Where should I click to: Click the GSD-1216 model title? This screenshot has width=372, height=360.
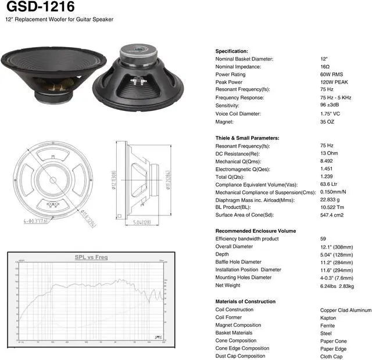(40, 7)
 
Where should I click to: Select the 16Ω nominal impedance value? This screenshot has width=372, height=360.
(324, 67)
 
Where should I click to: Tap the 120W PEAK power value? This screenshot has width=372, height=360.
(333, 82)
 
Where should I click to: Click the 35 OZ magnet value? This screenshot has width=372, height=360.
(327, 122)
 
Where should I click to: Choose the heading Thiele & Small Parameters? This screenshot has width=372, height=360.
(247, 138)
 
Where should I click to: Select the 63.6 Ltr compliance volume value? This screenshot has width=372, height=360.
(329, 185)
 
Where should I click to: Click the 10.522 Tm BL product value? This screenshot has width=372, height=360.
(332, 207)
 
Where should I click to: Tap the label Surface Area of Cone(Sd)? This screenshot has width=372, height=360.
(246, 215)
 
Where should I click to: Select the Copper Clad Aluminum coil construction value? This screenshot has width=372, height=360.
(345, 310)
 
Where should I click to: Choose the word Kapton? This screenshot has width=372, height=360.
(328, 318)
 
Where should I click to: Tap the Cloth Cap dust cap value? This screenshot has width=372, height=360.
(332, 356)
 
